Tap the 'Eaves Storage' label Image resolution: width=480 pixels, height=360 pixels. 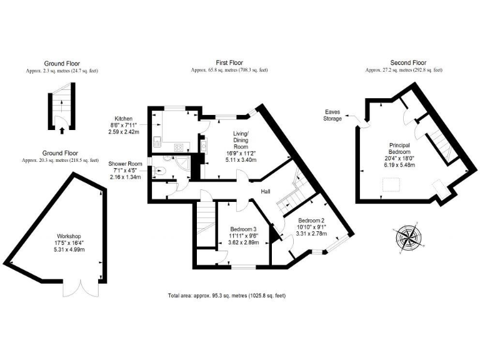tap(332, 115)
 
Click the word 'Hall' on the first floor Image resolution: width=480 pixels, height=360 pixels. tap(266, 192)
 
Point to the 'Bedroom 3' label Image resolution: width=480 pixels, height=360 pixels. tap(243, 229)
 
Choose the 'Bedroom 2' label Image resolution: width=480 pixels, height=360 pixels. tap(311, 221)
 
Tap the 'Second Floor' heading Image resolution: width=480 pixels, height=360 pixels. tap(407, 63)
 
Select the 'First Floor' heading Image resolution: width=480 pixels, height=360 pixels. tap(229, 63)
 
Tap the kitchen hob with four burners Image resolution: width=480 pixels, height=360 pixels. tap(179, 147)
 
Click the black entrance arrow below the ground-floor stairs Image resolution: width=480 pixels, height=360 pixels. tap(61, 131)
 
